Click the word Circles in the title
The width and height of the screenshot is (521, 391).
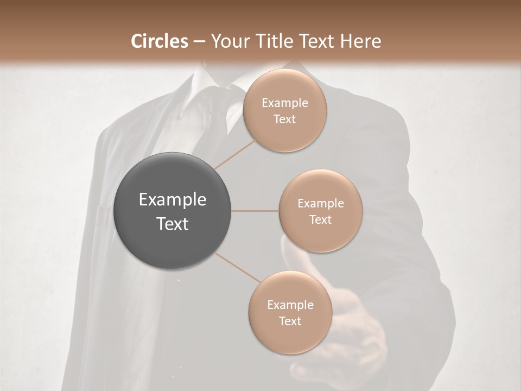(x=159, y=41)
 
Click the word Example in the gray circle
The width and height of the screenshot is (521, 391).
(x=172, y=200)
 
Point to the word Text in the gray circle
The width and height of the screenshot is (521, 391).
(x=172, y=224)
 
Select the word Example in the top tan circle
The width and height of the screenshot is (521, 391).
(x=284, y=103)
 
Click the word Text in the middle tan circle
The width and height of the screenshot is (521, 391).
(x=320, y=219)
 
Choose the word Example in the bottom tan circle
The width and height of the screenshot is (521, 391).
(x=290, y=305)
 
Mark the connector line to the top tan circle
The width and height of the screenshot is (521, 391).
(x=234, y=154)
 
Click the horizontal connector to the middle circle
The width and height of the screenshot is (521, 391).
(x=255, y=211)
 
